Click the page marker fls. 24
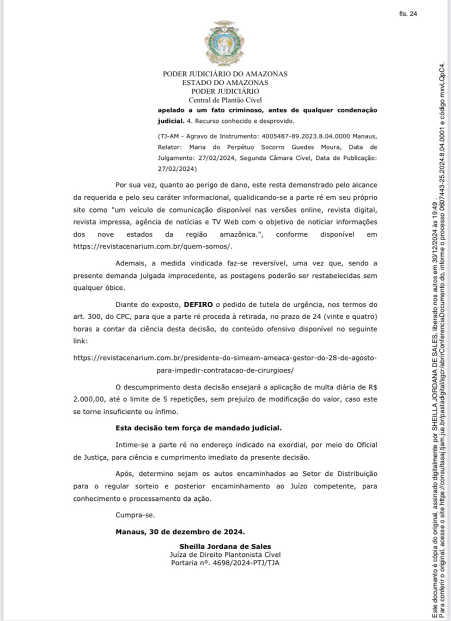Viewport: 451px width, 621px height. (407, 14)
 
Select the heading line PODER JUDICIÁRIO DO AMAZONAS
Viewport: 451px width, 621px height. (225, 74)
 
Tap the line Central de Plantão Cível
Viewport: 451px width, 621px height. (225, 100)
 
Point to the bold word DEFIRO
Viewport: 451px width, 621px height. (198, 305)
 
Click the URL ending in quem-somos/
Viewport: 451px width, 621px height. (153, 246)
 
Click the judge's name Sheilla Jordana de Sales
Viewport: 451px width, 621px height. (225, 546)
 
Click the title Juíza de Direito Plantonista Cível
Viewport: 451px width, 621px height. (225, 554)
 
